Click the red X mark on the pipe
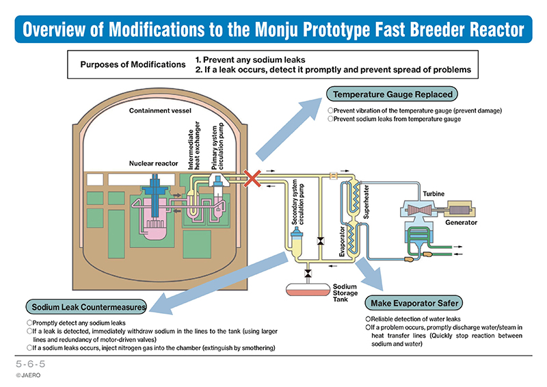tap(252, 178)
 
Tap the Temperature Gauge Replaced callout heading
tap(392, 94)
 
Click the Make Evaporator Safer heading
tap(414, 304)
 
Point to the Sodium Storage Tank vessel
tap(308, 290)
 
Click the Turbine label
tap(433, 193)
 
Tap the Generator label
tap(461, 222)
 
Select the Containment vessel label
tap(160, 111)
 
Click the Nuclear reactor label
tap(153, 163)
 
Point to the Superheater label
tap(366, 202)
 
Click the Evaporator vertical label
tap(342, 241)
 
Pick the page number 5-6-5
tap(31, 364)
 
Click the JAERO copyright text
tap(28, 375)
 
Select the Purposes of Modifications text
tap(133, 64)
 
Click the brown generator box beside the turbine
tap(460, 210)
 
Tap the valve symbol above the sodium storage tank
tap(308, 273)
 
